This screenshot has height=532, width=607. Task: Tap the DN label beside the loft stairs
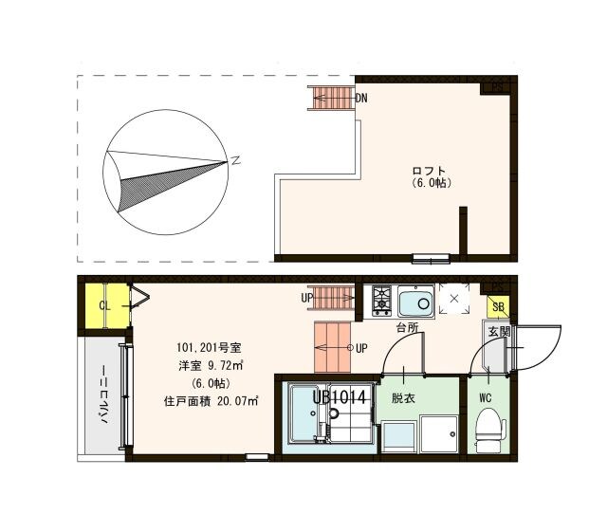coord(361,98)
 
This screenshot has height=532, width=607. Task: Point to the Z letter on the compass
coord(235,160)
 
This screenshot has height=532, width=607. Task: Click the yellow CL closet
coord(104,305)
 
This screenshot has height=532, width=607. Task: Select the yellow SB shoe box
coord(497,306)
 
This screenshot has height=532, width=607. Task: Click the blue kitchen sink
coord(415,303)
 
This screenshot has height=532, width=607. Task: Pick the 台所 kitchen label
coord(408,327)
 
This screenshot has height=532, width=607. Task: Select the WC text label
coord(486,397)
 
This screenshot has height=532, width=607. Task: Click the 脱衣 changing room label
coord(404,398)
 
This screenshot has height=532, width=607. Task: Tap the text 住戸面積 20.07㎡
coord(211,400)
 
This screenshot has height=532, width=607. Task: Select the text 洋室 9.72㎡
coord(211,365)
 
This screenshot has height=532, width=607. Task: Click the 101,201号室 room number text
coord(208,346)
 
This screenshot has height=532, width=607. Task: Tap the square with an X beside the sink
coord(453,299)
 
